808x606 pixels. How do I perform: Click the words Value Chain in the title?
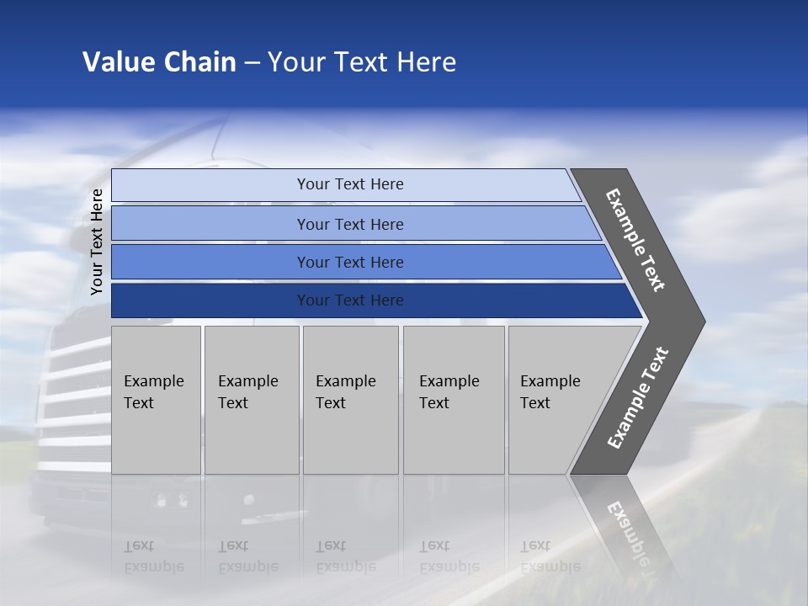pyautogui.click(x=159, y=62)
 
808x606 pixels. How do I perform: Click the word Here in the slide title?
pyautogui.click(x=426, y=62)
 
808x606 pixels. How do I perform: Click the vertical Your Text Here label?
pyautogui.click(x=97, y=242)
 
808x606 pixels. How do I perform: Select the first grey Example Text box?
pyautogui.click(x=156, y=400)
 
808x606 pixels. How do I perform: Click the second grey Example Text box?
pyautogui.click(x=251, y=400)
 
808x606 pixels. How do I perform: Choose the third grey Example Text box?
pyautogui.click(x=350, y=400)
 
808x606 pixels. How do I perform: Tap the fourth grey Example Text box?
pyautogui.click(x=453, y=400)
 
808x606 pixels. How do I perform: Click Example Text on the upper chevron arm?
pyautogui.click(x=635, y=240)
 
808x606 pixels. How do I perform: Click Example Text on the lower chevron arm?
pyautogui.click(x=637, y=397)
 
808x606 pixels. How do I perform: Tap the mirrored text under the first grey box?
pyautogui.click(x=153, y=556)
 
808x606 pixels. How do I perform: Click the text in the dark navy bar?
pyautogui.click(x=350, y=300)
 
